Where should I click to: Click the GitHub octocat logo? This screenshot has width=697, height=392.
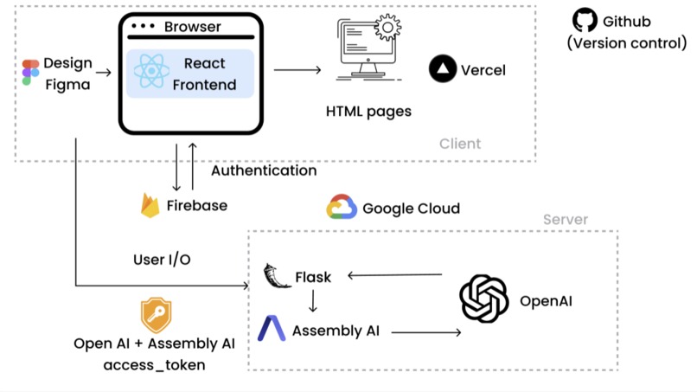tap(585, 21)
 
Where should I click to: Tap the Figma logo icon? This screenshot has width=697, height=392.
tap(30, 74)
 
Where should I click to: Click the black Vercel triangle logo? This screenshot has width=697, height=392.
tap(443, 69)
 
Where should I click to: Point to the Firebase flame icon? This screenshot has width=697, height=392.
tap(150, 205)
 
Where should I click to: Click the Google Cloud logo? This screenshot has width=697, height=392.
tap(342, 209)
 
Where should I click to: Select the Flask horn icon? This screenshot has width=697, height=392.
tap(275, 277)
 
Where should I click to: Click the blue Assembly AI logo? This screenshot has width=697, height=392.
tap(272, 330)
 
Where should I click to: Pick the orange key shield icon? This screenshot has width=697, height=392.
tap(156, 316)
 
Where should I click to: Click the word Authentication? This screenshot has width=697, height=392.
tap(264, 170)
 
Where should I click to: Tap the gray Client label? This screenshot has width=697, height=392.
tap(459, 144)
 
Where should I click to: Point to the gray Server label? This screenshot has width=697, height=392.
tap(565, 220)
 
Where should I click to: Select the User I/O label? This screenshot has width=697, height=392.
tap(162, 258)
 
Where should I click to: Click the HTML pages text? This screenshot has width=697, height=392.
tap(368, 112)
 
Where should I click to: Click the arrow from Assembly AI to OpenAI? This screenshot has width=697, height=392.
tap(428, 331)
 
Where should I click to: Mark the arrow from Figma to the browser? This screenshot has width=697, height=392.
tap(103, 73)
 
